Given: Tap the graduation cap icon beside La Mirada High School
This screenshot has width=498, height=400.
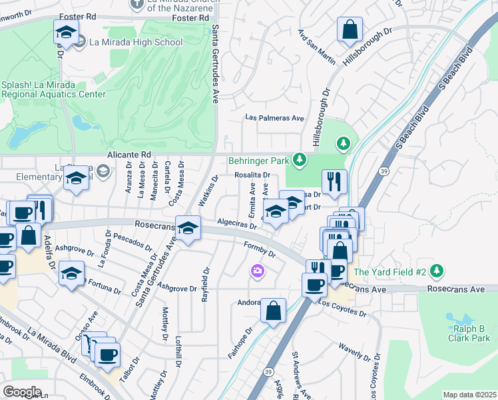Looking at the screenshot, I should point(67,32).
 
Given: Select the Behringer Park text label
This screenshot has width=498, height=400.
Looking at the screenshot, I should point(258,161).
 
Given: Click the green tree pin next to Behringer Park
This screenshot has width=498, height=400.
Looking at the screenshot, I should point(300,159).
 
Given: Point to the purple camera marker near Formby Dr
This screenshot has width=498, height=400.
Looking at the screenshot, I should point(258,271).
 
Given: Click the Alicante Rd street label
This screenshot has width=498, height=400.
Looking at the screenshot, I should point(130,154).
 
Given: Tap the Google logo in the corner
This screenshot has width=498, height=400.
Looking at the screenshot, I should point(22,391).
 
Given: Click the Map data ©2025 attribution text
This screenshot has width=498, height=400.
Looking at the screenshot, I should point(469,395).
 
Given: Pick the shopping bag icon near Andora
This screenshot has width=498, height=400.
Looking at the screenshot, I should point(273,311).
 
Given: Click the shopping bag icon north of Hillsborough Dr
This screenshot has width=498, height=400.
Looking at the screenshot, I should point(349,30).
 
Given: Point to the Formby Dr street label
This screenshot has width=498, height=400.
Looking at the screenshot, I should point(260,250).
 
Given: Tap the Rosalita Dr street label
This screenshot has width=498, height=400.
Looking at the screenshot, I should point(252,175).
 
